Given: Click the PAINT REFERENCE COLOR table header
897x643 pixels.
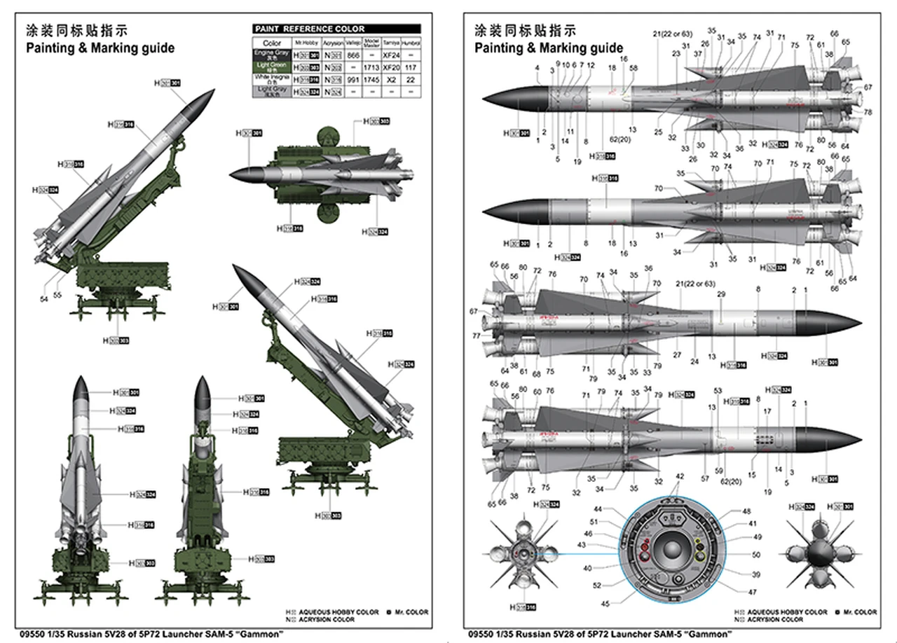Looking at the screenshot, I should point(309,29).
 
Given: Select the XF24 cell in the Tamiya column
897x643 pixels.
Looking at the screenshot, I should point(390,55).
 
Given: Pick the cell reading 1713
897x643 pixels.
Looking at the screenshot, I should point(372,67).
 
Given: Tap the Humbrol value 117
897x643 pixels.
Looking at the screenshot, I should point(411,67).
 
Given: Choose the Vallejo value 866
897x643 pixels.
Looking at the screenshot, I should point(353,55).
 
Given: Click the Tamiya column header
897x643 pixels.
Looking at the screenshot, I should point(390,42).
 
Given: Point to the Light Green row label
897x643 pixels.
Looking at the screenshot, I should point(270,67).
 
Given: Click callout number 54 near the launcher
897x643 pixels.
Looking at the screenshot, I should point(44,299).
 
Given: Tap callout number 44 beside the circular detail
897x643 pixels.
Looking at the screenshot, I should point(598,509).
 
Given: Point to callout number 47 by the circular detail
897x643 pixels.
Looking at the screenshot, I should point(733,593).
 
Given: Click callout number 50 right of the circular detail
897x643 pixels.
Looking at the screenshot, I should point(737,555).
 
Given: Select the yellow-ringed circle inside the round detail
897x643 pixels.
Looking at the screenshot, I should point(699,556).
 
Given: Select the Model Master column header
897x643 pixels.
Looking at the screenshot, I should point(372,42).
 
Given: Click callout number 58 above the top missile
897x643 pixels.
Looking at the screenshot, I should point(634,68).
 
